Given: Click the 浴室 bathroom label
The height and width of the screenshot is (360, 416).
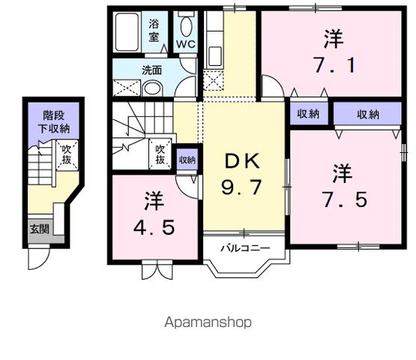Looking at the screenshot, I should tap(154, 30).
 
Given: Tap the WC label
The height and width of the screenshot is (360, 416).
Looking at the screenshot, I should tap(185, 43).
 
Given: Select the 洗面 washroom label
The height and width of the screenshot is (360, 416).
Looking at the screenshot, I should tap(153, 71).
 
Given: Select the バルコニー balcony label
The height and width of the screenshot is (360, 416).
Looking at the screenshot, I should tap(244, 246).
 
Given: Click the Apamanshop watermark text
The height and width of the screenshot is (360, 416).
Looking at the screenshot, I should tap(208, 322).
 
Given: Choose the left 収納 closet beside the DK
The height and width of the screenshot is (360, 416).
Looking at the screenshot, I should tap(308, 115).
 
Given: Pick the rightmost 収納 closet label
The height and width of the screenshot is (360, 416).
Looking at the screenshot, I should tap(367, 115).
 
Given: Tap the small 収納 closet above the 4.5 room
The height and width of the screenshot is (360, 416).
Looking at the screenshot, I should tap(187, 160).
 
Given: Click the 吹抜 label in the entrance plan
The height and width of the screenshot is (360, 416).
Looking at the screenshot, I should tap(67, 155).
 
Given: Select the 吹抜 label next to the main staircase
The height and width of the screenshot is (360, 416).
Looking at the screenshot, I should tap(160, 154).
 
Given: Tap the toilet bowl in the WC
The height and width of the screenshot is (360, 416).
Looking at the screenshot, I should tap(185, 25).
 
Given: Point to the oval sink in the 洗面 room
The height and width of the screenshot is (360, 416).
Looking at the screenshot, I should tap(152, 88).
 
